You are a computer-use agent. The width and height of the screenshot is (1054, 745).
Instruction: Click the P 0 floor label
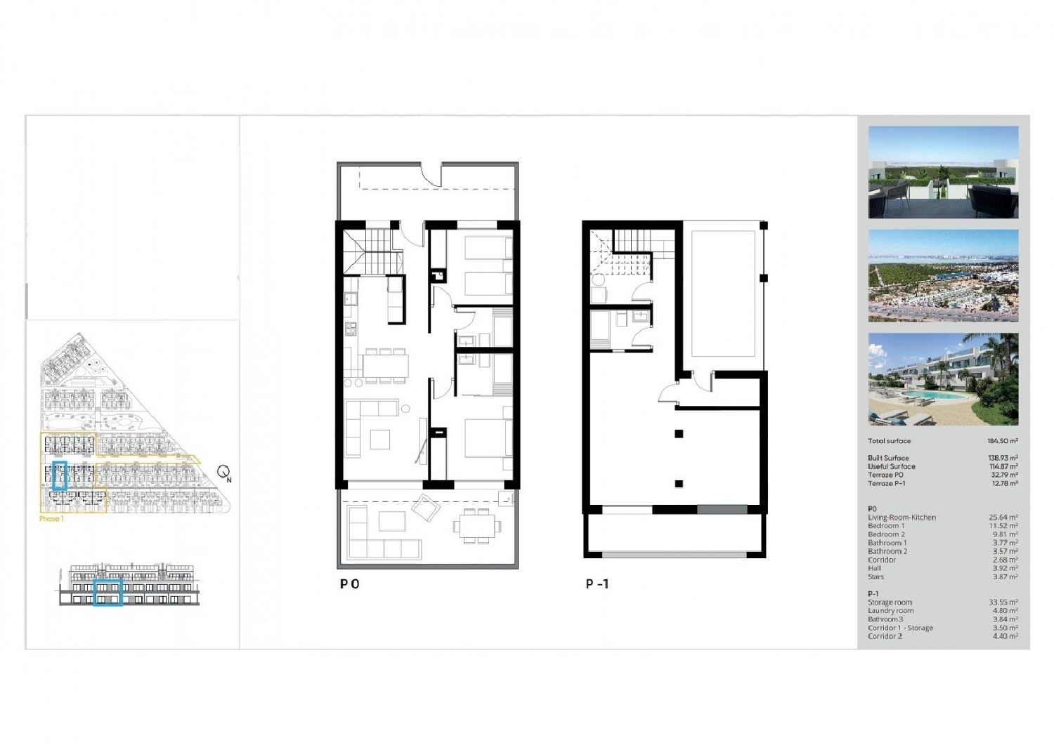pos(350,584)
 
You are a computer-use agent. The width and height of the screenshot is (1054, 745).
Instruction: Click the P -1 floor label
pos(597,584)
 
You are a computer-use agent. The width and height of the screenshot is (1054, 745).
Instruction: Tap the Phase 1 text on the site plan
pos(51,519)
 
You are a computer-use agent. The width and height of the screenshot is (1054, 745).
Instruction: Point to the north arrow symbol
pos(224,473)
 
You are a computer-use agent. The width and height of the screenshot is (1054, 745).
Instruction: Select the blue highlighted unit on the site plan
pos(60,475)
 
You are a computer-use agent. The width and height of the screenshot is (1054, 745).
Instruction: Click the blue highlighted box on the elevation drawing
pos(108,592)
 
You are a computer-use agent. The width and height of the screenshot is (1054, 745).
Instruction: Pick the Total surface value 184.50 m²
pos(1002,441)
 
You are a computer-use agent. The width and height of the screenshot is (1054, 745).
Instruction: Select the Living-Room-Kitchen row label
pos(902,517)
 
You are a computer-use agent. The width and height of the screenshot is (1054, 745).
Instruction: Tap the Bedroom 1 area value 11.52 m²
pos(1003,526)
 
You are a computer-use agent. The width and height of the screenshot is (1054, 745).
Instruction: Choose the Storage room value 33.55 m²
pos(1003,602)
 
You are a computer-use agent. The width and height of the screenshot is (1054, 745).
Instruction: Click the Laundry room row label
pos(890,611)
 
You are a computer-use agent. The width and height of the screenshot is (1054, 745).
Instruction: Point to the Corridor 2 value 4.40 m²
pos(1004,636)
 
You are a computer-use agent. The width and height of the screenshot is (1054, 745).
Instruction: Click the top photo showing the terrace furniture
pos(943,172)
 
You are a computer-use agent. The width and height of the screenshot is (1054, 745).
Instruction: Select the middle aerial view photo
pos(943,275)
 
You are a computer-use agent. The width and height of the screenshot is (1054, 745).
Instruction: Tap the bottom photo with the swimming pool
pos(943,379)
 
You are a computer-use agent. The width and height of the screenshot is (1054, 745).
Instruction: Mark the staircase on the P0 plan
pos(376,250)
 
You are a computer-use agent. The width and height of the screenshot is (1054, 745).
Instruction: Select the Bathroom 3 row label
pos(885,619)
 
